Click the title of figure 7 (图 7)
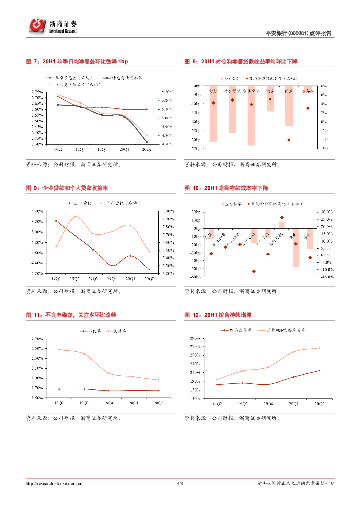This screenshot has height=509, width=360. [x=77, y=61]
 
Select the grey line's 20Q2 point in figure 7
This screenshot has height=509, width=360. [x=147, y=142]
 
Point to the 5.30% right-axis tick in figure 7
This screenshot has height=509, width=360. [x=167, y=92]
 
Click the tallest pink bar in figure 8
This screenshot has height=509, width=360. [x=251, y=116]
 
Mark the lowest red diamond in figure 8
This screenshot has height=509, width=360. [x=289, y=140]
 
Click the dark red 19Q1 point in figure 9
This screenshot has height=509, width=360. [x=56, y=221]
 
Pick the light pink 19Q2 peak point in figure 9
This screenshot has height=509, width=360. [x=75, y=217]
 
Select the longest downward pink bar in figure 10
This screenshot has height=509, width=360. [x=296, y=248]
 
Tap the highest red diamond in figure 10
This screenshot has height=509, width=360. [x=282, y=217]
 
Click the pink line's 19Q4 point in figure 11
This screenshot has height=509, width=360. [x=108, y=373]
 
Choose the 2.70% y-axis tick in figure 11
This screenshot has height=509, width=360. [x=36, y=339]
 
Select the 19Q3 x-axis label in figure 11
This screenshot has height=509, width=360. [x=84, y=403]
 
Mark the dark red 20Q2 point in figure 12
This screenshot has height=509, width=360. [x=319, y=370]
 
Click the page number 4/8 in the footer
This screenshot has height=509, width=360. [x=180, y=483]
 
